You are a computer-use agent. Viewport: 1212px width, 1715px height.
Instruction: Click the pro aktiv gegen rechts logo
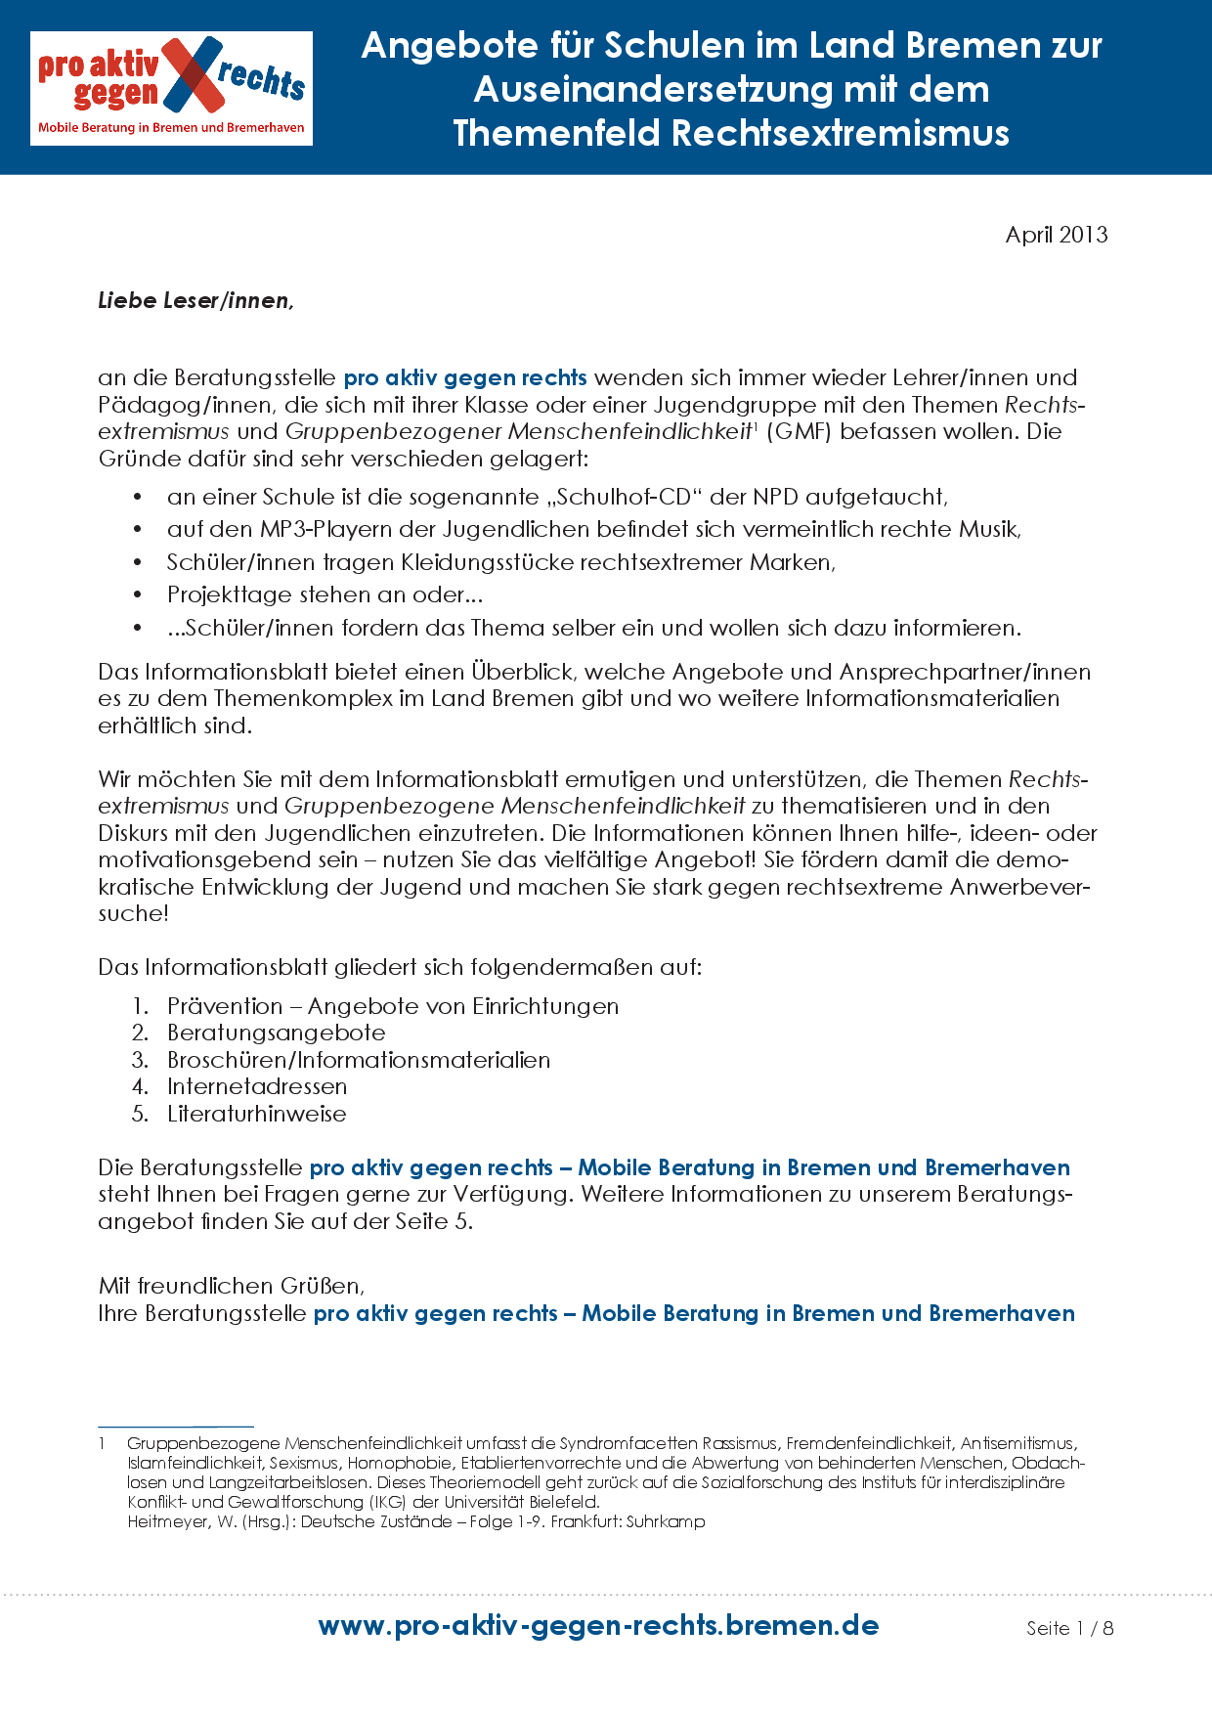tap(171, 88)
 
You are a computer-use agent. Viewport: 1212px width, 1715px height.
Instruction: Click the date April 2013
tap(1056, 235)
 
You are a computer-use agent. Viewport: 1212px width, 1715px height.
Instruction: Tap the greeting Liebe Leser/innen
tap(195, 301)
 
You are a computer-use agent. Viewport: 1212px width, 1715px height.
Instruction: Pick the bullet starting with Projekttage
tap(325, 595)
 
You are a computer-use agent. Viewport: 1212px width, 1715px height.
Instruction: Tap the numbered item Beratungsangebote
tap(276, 1033)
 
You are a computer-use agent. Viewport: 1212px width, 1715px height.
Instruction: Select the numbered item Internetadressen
tap(256, 1087)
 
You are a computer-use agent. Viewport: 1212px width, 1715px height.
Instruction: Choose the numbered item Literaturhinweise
tap(256, 1115)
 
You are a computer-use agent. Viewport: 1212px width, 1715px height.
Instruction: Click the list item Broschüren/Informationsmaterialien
tap(358, 1061)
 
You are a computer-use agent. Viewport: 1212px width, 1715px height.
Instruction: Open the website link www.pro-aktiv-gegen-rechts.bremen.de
tap(598, 1626)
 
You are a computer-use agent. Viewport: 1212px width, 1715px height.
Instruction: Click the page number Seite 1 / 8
tap(1069, 1628)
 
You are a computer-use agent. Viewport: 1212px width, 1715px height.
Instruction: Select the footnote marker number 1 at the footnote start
tap(102, 1444)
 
